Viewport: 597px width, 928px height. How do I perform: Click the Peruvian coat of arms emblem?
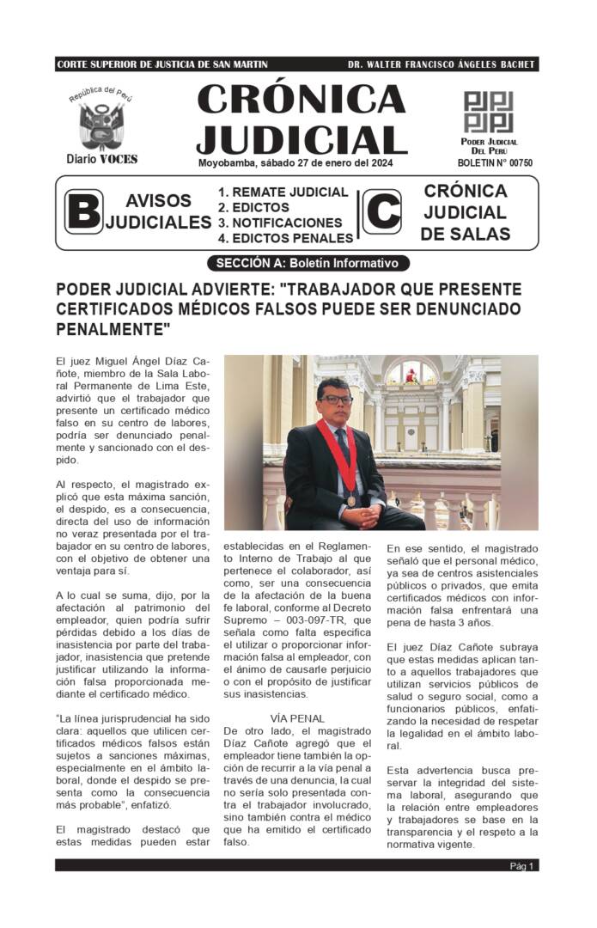[102, 125]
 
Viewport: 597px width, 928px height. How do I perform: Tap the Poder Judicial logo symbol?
[488, 112]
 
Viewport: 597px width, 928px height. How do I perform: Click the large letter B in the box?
[83, 211]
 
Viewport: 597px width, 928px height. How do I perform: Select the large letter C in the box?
[382, 211]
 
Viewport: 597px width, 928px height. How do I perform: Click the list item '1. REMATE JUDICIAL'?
[283, 192]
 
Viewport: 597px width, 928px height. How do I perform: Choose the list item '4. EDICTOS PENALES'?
[285, 238]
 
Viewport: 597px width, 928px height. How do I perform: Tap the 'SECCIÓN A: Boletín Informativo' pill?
[308, 263]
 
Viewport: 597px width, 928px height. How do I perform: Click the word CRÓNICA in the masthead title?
[301, 100]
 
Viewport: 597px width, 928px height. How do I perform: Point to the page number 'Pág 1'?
[522, 865]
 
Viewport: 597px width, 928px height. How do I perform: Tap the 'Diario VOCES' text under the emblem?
[102, 159]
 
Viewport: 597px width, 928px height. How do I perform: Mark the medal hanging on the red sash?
[350, 500]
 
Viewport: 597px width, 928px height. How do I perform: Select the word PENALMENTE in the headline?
[113, 328]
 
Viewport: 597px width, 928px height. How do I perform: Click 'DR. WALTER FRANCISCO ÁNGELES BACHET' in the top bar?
[442, 64]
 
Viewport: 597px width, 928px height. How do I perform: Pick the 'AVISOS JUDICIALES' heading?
[158, 211]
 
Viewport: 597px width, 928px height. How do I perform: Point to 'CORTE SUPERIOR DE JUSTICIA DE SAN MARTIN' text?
[161, 64]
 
